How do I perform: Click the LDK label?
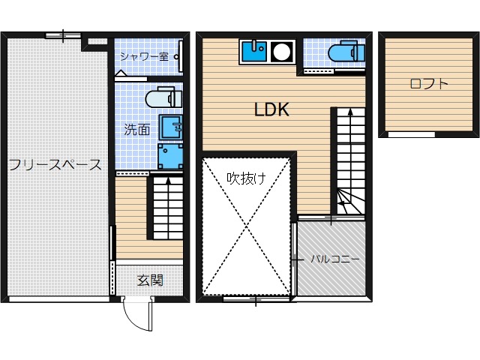pos(271,109)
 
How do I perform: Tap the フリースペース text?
pos(55,165)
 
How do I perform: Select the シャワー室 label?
pos(144,56)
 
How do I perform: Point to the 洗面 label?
pos(136,129)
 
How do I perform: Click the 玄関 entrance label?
pos(150,280)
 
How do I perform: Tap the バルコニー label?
pos(335,259)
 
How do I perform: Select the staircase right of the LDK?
pos(348,161)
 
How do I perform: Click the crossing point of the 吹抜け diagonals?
pos(247,227)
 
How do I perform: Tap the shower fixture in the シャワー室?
pos(178,56)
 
